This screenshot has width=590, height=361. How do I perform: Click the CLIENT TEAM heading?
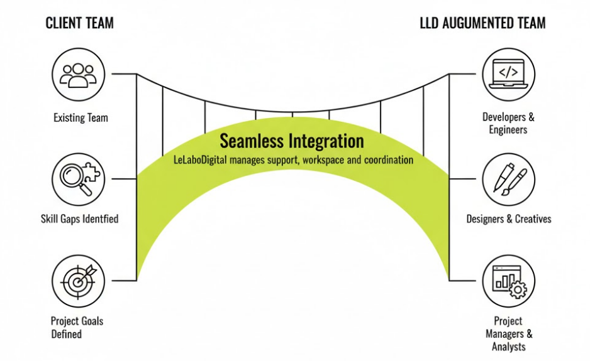80,24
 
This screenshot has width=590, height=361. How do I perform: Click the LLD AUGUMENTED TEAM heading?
482,24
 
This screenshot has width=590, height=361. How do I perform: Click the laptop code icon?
508,74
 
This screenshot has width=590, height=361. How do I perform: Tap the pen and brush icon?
508,178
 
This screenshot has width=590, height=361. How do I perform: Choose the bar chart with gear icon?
508,280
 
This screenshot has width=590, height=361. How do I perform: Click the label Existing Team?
81,117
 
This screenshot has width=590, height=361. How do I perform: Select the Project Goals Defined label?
77,327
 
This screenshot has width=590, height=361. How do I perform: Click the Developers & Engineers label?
508,123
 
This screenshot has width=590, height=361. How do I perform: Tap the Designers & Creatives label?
508,219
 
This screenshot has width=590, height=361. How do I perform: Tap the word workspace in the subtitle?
323,160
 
